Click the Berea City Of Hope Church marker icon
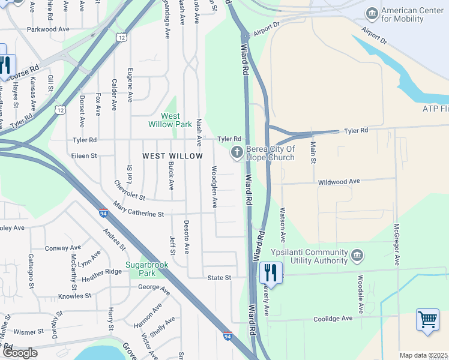pos(237,153)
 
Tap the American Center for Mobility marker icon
pos(372,13)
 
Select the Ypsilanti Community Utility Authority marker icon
pos(357,256)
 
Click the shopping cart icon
pos(427,319)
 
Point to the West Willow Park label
pos(170,120)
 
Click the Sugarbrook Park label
pos(140,269)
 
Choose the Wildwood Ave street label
pos(339,181)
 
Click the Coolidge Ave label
pos(334,319)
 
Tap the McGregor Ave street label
pos(396,245)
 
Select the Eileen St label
pos(85,155)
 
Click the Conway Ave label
pos(62,248)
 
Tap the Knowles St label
pos(74,296)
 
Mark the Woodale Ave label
pos(361,294)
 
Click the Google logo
pos(19,353)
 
